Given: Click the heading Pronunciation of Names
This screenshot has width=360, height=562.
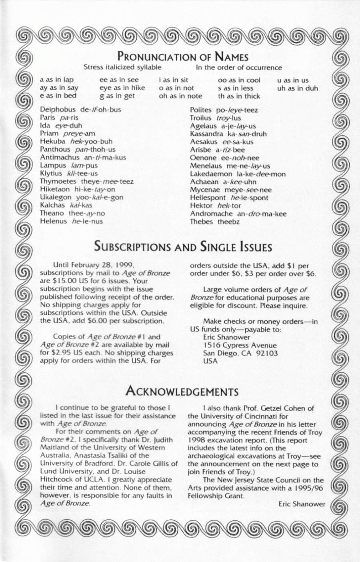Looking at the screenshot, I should coord(183,56).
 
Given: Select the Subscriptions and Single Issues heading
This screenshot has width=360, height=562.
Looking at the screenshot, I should coord(183,246).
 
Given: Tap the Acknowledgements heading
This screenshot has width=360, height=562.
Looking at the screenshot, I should coord(182,390).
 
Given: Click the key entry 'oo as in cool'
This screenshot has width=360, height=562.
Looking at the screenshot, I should coord(239,80).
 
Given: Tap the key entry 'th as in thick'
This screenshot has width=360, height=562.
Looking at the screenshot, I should coord(239,96).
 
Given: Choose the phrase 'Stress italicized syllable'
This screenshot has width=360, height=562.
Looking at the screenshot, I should coord(122,67).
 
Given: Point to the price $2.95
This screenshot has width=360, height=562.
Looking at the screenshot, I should coord(61,353).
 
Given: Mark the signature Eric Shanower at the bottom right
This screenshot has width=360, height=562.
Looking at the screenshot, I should coord(302,504).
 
